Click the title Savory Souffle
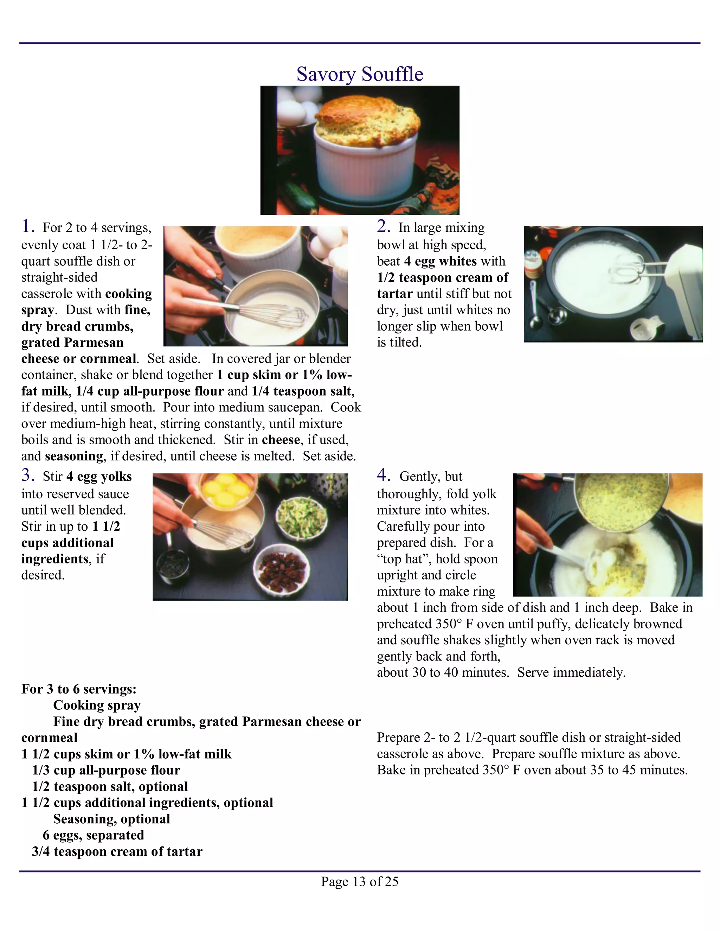click(360, 74)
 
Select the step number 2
click(383, 226)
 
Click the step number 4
click(383, 475)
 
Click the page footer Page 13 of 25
click(360, 881)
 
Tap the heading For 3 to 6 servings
click(79, 689)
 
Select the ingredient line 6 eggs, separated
click(94, 835)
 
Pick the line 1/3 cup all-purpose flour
click(106, 770)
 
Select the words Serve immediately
click(571, 672)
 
